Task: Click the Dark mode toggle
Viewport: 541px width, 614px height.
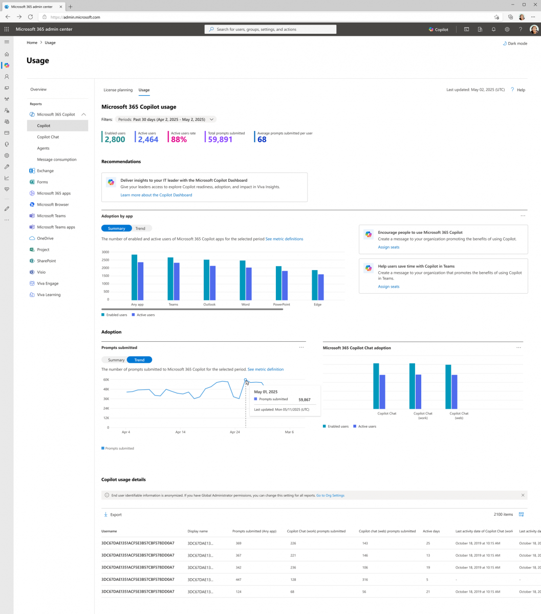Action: tap(515, 43)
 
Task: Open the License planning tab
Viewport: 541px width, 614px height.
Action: tap(118, 90)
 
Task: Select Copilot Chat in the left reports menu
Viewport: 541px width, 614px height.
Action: tap(48, 137)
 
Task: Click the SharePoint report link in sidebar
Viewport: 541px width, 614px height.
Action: tap(46, 261)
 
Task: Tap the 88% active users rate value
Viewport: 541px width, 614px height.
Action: tap(179, 139)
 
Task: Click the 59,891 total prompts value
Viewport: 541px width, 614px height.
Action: tap(220, 139)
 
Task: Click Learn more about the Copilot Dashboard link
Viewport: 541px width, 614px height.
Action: tap(156, 195)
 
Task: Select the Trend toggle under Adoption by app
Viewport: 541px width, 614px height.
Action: tap(140, 229)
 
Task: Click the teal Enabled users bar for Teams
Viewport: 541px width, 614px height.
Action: tap(170, 278)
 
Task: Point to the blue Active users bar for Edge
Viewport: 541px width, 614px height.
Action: tap(321, 287)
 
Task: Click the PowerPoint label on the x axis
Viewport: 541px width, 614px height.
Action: tap(282, 304)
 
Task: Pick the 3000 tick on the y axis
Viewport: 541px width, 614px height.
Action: tap(105, 252)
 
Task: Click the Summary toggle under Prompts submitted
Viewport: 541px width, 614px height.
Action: tap(116, 360)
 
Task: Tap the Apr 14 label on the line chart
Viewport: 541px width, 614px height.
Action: tap(180, 432)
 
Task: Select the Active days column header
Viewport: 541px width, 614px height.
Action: tap(431, 531)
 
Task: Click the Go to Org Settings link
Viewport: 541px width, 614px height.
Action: tap(330, 495)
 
